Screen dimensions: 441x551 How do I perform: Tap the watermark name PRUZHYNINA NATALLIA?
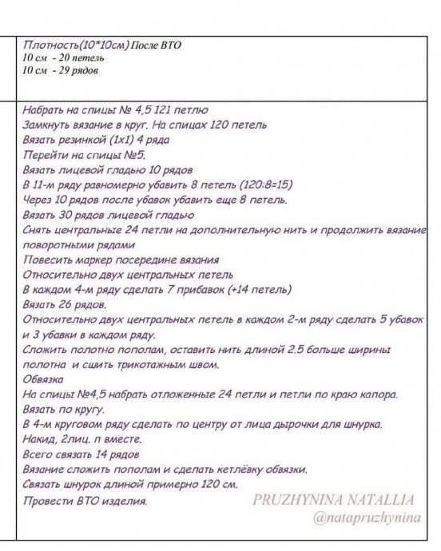[334, 501]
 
